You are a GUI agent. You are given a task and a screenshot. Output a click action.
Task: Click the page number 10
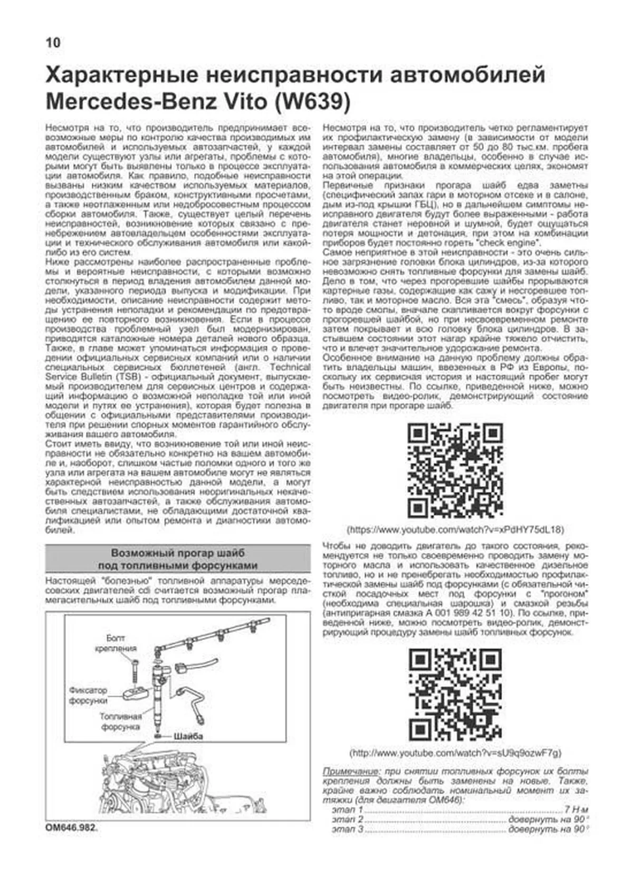53,43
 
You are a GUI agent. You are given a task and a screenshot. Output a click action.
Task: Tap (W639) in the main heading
311,101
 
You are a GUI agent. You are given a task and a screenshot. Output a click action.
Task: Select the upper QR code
455,470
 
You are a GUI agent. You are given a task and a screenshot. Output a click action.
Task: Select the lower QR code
455,695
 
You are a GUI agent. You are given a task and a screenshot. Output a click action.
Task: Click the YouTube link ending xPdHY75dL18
455,529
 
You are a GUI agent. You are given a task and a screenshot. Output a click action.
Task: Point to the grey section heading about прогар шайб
178,559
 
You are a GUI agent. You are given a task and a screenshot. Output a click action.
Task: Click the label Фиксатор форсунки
88,696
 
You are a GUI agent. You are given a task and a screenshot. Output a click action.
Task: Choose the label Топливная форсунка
121,721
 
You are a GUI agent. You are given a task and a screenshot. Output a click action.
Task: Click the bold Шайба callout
188,736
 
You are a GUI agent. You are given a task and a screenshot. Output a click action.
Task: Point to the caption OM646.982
72,828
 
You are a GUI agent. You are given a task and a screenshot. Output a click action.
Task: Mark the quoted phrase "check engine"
514,243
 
